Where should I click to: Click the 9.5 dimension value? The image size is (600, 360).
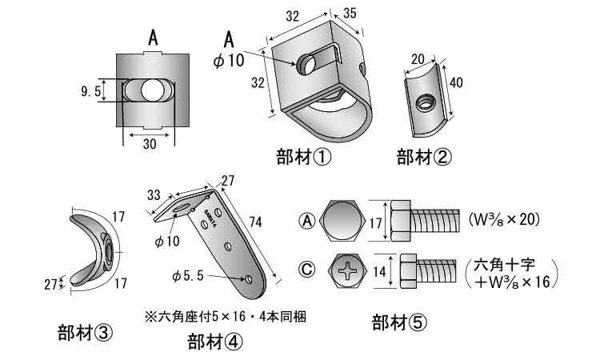90,92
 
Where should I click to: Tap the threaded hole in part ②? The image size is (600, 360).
426,102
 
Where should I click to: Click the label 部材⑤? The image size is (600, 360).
399,323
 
